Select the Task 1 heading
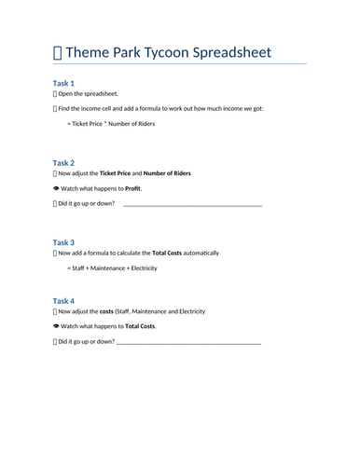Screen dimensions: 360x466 coord(63,83)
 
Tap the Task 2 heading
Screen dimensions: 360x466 coord(63,163)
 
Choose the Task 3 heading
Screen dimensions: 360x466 coord(63,242)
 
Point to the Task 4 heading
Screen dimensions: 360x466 coord(63,301)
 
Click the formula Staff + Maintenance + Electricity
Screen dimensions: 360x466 coord(112,268)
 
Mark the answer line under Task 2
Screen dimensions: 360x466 coord(192,204)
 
